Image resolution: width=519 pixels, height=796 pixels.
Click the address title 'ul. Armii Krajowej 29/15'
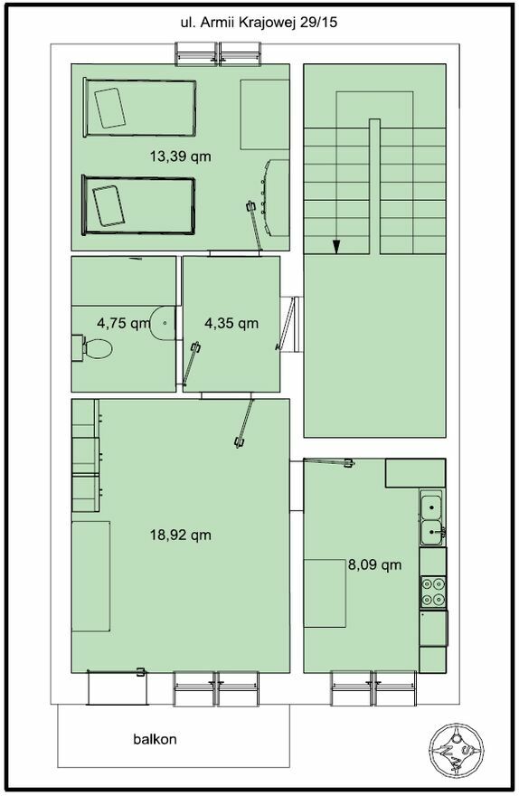259,23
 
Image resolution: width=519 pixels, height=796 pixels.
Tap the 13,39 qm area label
180,156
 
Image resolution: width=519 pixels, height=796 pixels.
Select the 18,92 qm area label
181,535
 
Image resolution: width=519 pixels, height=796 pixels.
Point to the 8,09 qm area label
375,564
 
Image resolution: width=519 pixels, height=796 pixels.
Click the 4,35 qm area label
231,323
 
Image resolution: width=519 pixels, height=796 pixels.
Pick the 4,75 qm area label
124,323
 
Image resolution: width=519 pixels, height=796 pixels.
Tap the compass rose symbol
456,750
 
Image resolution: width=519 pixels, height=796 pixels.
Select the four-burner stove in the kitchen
433,592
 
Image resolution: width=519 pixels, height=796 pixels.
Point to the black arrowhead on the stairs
336,246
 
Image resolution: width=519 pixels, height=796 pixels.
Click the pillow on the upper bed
109,108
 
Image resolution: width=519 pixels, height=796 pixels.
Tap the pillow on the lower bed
109,205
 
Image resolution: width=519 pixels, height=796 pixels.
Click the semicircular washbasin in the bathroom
163,322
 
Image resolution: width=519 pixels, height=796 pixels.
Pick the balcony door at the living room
117,687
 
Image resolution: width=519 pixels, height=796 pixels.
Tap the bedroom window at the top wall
219,53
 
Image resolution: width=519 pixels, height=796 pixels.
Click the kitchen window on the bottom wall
374,688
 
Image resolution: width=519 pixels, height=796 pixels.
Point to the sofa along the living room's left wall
91,576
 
